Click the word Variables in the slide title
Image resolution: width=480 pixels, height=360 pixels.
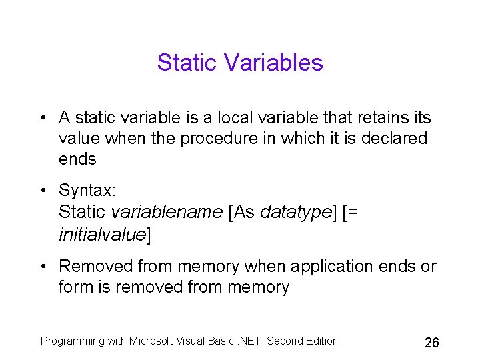(273, 63)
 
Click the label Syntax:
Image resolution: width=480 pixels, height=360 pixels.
(87, 191)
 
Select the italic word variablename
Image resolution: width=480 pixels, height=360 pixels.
(167, 212)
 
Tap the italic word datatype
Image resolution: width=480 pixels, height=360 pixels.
(295, 212)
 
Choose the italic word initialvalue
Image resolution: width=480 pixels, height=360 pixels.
(102, 234)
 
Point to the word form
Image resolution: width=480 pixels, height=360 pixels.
(72, 287)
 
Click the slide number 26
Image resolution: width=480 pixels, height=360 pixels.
(432, 343)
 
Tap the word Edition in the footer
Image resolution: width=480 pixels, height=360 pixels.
(321, 341)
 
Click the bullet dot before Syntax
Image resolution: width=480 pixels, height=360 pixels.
(43, 191)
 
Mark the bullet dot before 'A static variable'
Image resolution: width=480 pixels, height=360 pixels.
(43, 119)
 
